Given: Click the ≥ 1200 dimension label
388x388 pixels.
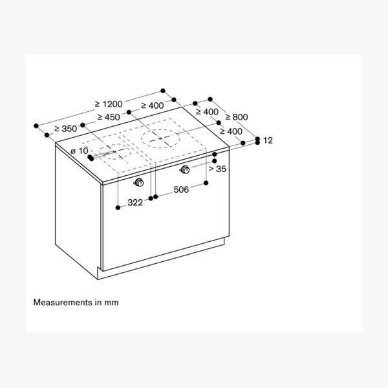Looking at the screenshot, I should pyautogui.click(x=108, y=104).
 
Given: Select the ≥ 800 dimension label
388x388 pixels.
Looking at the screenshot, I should pyautogui.click(x=236, y=117).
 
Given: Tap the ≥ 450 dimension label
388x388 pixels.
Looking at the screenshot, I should pyautogui.click(x=108, y=117).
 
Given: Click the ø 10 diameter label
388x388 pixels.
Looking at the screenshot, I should pyautogui.click(x=79, y=151).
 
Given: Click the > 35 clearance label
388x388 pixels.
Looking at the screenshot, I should pyautogui.click(x=217, y=169).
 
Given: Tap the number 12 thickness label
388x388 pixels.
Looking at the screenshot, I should pyautogui.click(x=268, y=140).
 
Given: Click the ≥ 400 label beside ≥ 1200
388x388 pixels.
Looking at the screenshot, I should pyautogui.click(x=155, y=105).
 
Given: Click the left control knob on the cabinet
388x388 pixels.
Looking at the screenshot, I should pyautogui.click(x=138, y=180).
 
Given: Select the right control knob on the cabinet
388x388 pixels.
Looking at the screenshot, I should pyautogui.click(x=186, y=170).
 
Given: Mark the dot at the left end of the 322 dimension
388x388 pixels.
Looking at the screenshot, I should pyautogui.click(x=118, y=207).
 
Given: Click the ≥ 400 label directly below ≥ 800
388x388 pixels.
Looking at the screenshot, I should pyautogui.click(x=231, y=131).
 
